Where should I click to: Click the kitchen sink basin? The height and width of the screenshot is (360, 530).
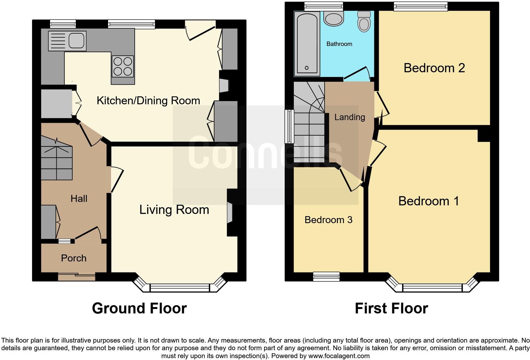click(76, 40)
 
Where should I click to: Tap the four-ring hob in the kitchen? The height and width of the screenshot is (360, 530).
click(123, 66)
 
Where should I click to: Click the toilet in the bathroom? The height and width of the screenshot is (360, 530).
click(364, 22)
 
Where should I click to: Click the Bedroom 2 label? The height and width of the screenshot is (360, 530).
click(434, 68)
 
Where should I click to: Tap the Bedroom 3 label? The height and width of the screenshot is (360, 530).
click(328, 220)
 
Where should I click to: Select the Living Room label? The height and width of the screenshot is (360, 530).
click(174, 210)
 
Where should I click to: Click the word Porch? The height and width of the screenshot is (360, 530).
click(74, 258)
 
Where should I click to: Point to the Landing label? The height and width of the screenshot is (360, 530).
click(349, 117)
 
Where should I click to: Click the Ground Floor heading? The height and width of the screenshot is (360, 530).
click(139, 308)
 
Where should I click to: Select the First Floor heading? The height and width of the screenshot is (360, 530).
click(391, 308)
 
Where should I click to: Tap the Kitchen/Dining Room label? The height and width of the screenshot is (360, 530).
click(148, 101)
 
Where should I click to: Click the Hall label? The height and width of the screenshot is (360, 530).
click(79, 199)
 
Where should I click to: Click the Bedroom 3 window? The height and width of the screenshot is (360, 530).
click(326, 277)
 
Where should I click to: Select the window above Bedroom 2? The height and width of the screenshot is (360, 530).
click(420, 6)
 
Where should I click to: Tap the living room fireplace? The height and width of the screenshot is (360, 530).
click(230, 212)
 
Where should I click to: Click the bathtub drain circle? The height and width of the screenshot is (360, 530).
click(307, 68)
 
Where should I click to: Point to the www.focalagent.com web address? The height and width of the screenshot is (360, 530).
click(339, 356)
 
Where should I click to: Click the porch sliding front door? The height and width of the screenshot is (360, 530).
click(77, 277)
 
